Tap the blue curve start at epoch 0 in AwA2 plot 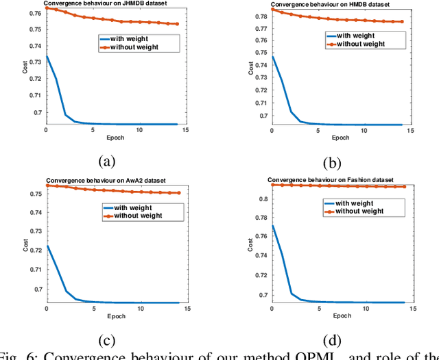[47, 246]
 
